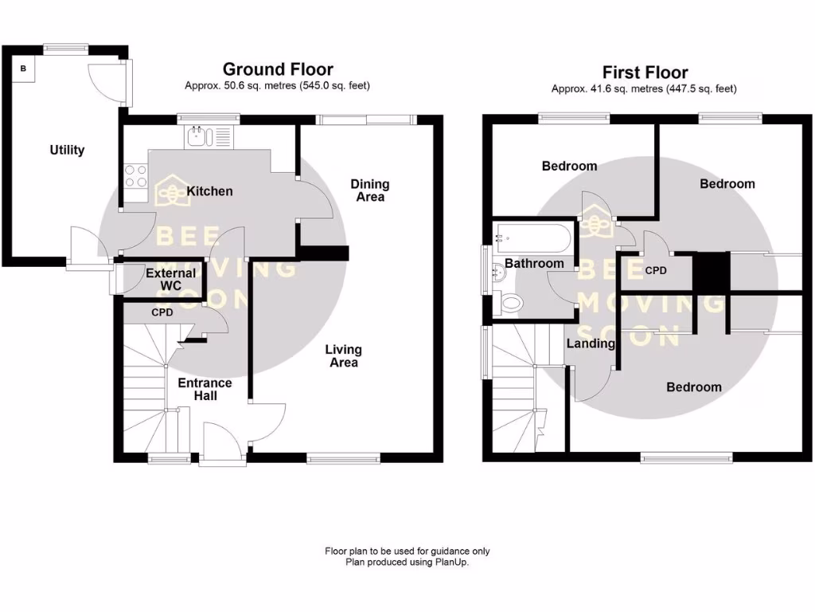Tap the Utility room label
click(67, 150)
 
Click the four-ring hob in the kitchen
click(135, 175)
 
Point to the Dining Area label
click(370, 190)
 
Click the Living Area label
click(344, 356)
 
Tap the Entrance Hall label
click(205, 389)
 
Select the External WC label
click(170, 279)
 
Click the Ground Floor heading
click(278, 69)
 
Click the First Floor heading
click(645, 73)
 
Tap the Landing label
click(590, 343)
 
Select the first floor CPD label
click(656, 271)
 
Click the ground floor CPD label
click(162, 312)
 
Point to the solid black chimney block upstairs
click(711, 272)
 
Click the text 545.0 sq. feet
click(336, 85)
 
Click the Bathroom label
click(534, 263)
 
